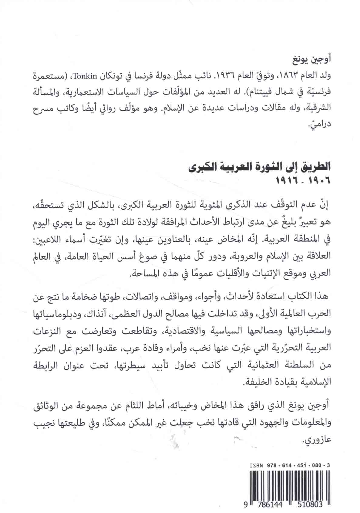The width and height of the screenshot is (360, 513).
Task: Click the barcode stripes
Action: [x=284, y=485]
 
